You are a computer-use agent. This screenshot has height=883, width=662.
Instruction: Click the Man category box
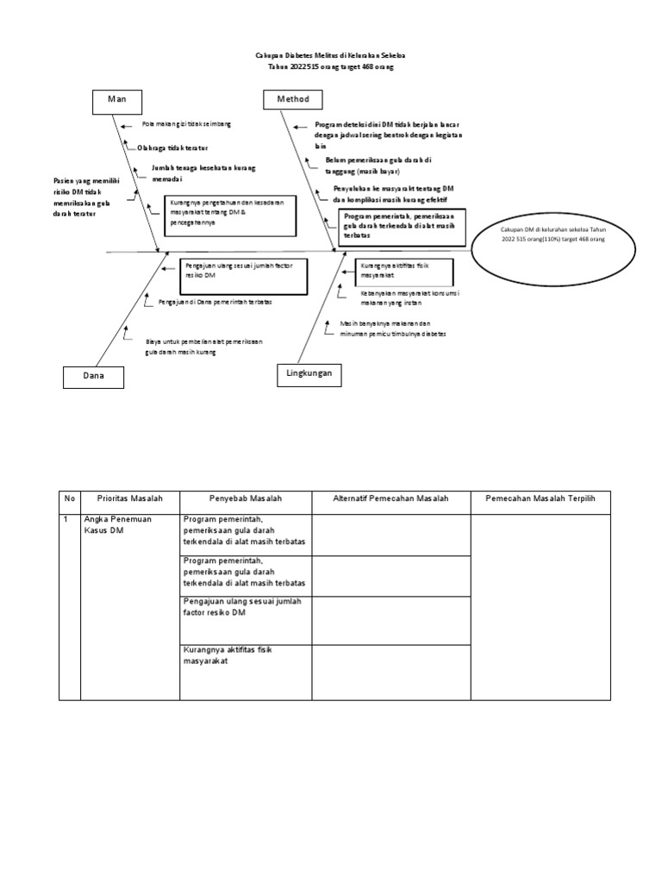click(116, 101)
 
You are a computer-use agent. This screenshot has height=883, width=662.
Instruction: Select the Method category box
click(293, 100)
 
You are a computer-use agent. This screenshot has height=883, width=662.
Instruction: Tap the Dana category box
click(92, 377)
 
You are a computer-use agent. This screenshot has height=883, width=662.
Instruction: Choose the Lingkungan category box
click(309, 373)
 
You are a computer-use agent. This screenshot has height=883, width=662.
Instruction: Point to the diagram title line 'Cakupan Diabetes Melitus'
click(330, 53)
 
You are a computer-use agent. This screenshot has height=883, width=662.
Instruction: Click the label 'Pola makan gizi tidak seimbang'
click(186, 124)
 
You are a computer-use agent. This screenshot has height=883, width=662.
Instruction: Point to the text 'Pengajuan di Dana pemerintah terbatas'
click(215, 302)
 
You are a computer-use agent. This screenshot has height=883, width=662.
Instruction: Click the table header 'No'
click(69, 498)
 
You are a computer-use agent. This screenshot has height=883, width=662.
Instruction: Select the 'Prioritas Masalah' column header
click(129, 498)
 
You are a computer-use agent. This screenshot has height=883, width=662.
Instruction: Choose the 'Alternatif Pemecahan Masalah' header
click(390, 498)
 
